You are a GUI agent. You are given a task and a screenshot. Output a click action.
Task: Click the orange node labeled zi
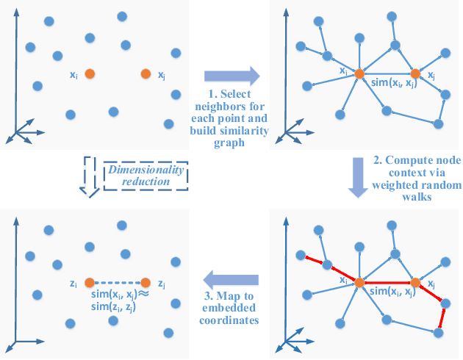(89, 283)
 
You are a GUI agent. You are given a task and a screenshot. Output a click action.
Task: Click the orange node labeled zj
(146, 283)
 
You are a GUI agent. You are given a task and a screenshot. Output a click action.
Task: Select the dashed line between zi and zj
(118, 283)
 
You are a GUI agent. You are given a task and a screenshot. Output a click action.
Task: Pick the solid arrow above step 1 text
(232, 74)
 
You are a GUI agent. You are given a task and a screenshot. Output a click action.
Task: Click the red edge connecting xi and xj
(387, 282)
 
